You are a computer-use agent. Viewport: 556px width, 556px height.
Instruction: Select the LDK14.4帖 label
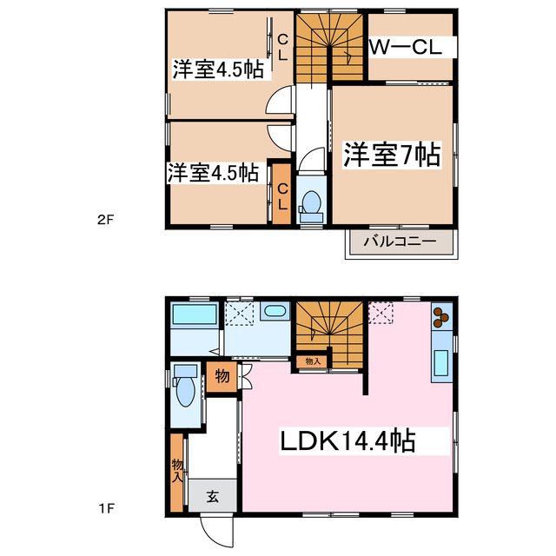(x=346, y=441)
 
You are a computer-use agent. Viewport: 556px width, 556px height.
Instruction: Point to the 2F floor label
(x=105, y=221)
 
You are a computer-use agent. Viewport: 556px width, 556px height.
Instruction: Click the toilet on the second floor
(x=309, y=202)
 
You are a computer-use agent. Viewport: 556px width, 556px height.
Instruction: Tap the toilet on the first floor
(x=184, y=389)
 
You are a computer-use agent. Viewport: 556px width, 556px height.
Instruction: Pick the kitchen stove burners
(x=440, y=318)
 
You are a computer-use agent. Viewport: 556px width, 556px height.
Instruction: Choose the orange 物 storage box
(x=221, y=377)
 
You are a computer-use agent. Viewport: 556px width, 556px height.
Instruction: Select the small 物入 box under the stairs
(x=313, y=361)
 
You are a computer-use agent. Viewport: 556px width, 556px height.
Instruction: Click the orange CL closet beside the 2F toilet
(x=282, y=194)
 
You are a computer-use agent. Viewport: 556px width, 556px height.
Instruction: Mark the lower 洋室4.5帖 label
(x=213, y=173)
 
